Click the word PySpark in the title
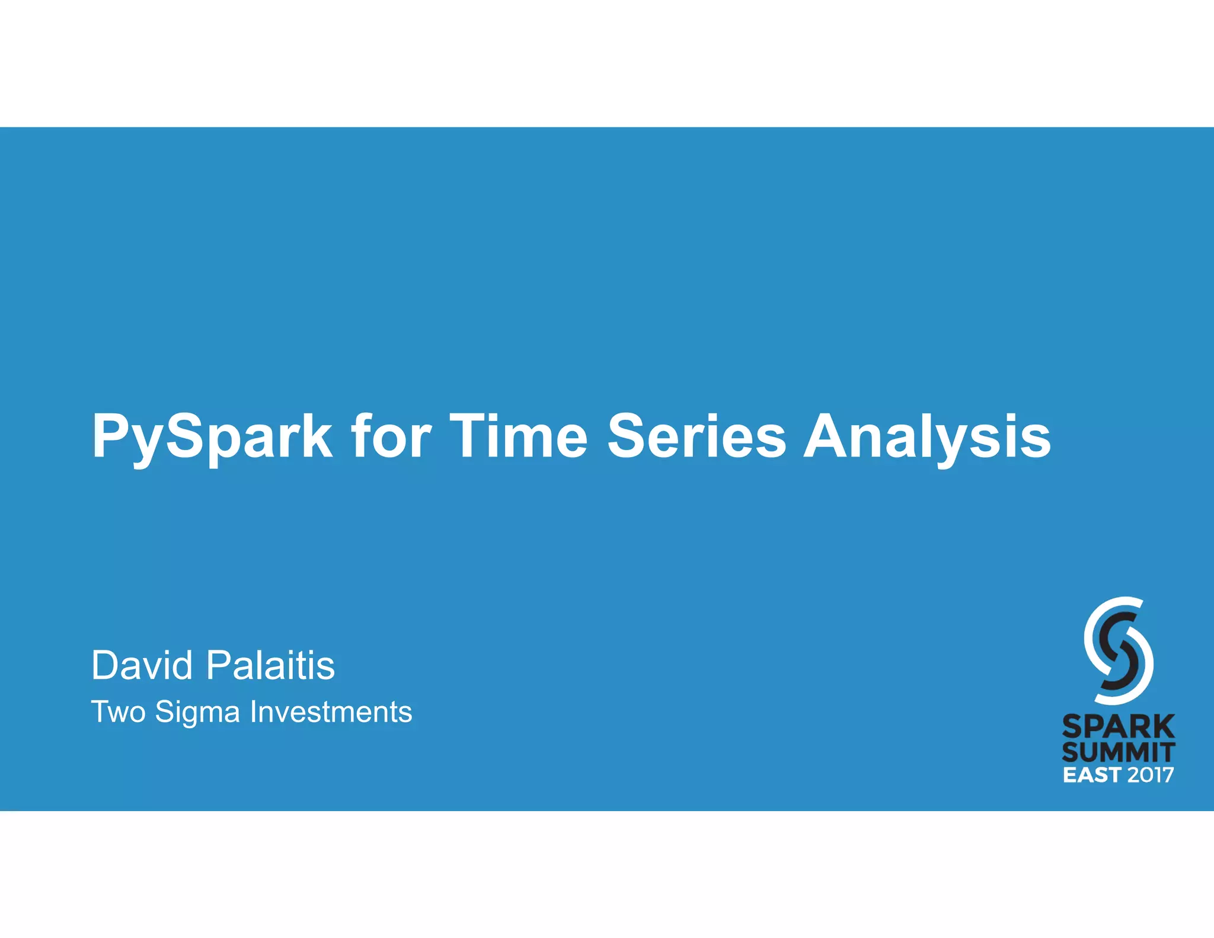tap(212, 438)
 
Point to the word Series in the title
tap(697, 436)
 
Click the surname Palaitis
tap(270, 665)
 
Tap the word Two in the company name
tap(118, 712)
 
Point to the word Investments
tap(331, 712)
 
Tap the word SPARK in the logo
tap(1118, 726)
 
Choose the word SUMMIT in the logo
tap(1118, 752)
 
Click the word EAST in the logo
tap(1091, 775)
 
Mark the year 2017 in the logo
tap(1150, 775)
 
